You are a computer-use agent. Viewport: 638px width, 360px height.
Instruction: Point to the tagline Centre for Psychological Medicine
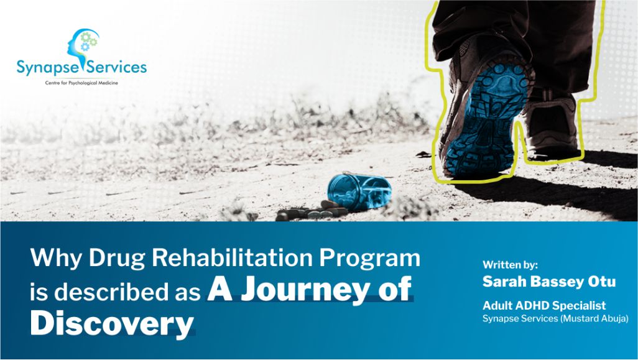click(x=81, y=83)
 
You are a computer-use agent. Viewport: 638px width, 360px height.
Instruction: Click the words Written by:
click(x=510, y=264)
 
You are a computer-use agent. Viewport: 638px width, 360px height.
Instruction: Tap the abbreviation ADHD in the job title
click(x=535, y=306)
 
